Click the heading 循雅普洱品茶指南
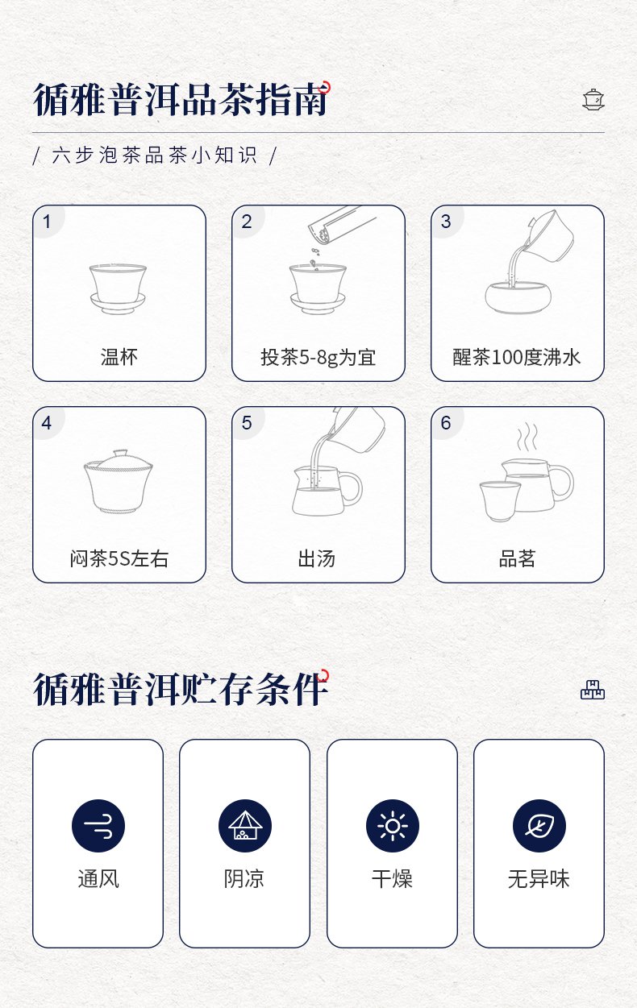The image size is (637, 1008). [x=180, y=99]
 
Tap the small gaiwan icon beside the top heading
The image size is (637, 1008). [x=593, y=100]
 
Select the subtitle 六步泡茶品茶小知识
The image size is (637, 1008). [x=154, y=156]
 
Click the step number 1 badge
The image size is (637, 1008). [x=47, y=222]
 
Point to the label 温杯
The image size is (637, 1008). [x=119, y=357]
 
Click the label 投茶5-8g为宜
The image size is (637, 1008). [x=318, y=358]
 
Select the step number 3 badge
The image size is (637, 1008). [x=446, y=222]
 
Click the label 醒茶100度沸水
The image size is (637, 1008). [x=517, y=357]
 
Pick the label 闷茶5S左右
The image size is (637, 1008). [x=119, y=558]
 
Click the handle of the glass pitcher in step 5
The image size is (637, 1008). [x=352, y=488]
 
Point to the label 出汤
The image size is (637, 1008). [x=316, y=558]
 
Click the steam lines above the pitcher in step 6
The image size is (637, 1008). [x=527, y=436]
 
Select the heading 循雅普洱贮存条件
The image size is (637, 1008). [x=180, y=689]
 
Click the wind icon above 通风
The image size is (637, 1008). [x=98, y=826]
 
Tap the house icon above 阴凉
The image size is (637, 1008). [x=245, y=826]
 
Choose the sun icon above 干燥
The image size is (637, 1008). [x=393, y=826]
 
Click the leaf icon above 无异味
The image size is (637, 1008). [x=539, y=826]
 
